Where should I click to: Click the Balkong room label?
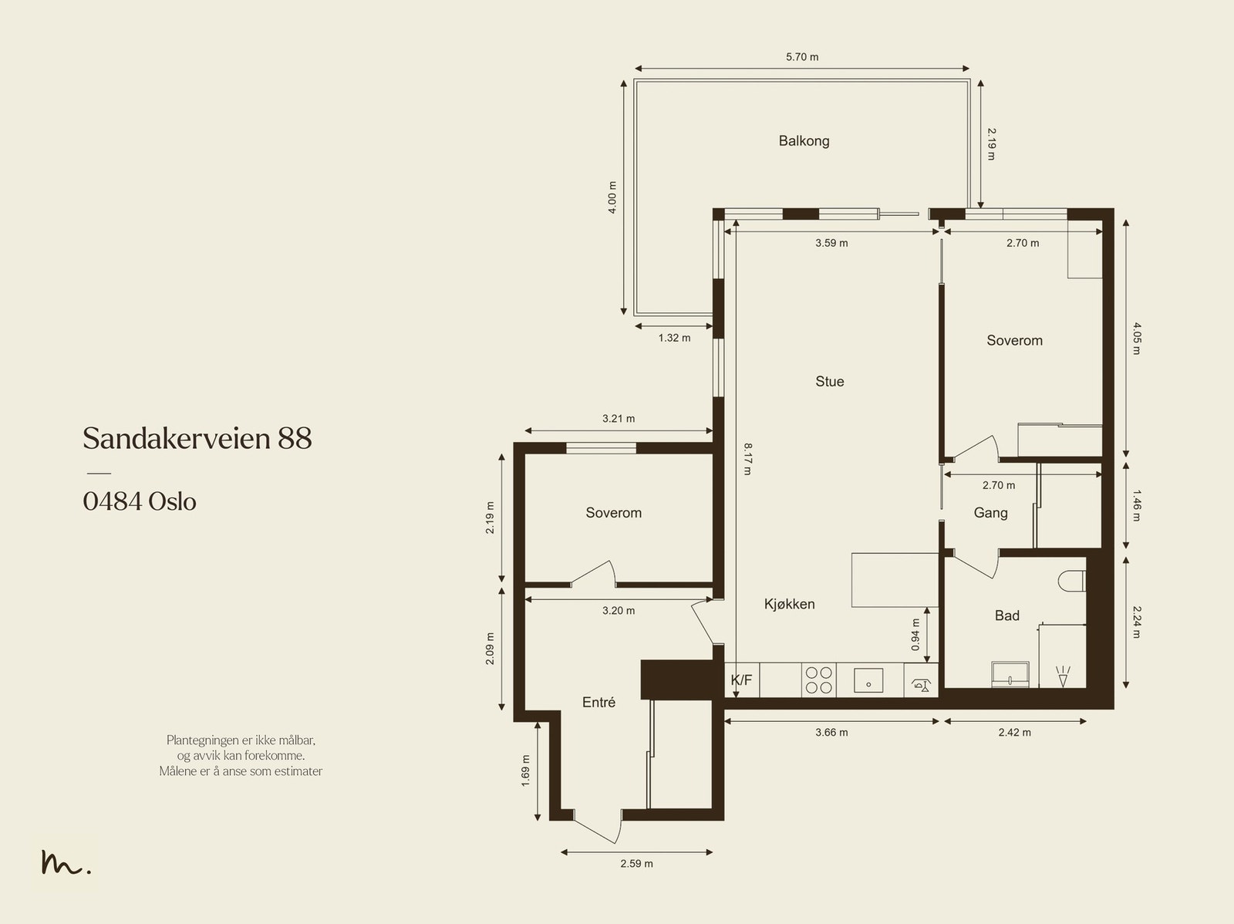[804, 140]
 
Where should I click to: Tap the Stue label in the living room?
[830, 382]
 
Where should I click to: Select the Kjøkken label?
[789, 604]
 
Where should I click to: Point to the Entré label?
[598, 702]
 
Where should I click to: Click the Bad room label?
[1007, 615]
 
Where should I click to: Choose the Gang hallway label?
[990, 513]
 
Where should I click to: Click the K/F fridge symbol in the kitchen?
[741, 680]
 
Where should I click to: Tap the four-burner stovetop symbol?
[818, 680]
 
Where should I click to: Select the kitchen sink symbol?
[868, 680]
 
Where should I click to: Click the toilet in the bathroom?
[1071, 581]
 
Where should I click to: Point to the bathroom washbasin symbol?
[1010, 674]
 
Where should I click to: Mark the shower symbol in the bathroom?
[1063, 676]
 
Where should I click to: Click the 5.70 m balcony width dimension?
[802, 57]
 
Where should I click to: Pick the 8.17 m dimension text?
[747, 459]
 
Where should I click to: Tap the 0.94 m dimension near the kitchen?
[915, 635]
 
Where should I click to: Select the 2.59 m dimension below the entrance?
[636, 864]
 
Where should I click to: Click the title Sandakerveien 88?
[197, 438]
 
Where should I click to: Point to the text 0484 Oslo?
[140, 501]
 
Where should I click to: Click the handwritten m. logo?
[66, 862]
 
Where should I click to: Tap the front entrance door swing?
[598, 828]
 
